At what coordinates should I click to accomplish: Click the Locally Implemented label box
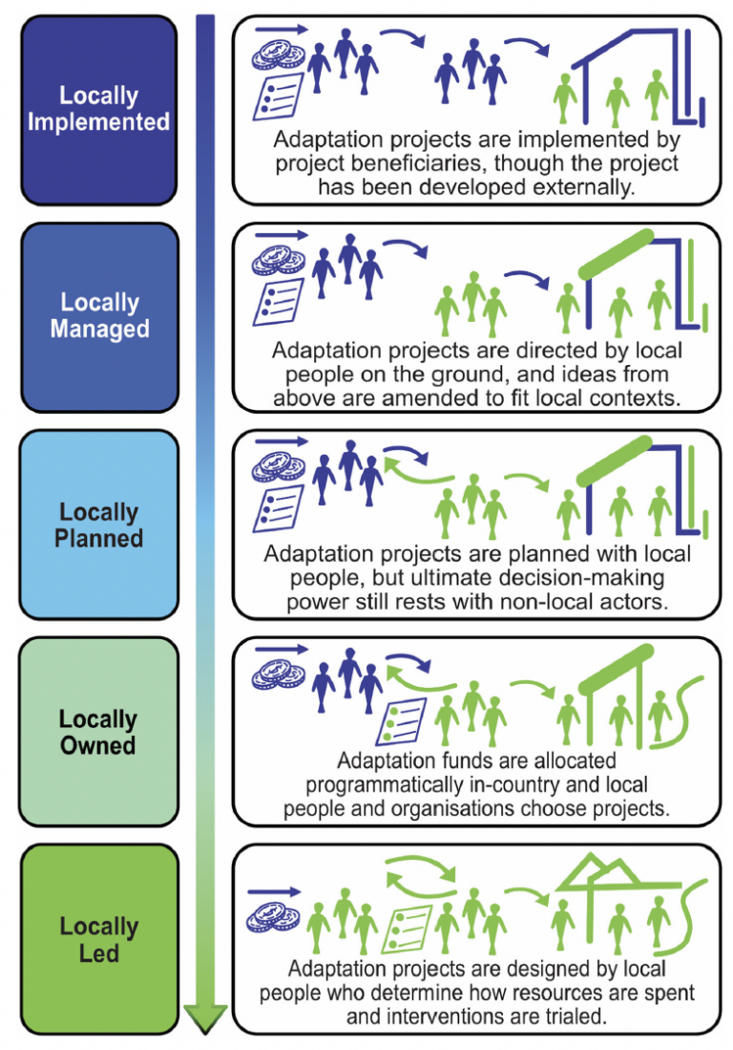pyautogui.click(x=98, y=110)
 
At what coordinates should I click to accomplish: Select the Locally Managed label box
pyautogui.click(x=98, y=316)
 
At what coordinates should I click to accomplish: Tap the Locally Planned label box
pyautogui.click(x=98, y=525)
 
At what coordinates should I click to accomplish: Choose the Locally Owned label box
pyautogui.click(x=98, y=732)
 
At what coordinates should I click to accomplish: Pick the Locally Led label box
pyautogui.click(x=98, y=939)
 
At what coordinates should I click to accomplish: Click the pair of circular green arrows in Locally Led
pyautogui.click(x=420, y=873)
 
